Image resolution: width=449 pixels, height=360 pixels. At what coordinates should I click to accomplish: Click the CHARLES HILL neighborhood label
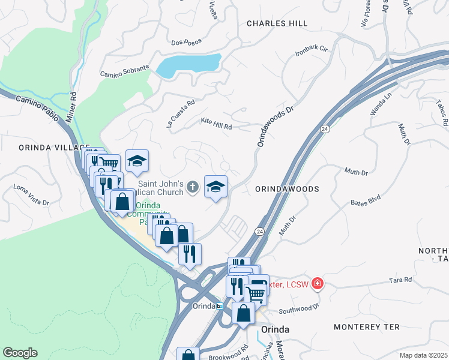[277, 23]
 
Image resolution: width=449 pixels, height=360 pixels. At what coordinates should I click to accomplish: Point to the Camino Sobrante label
[124, 71]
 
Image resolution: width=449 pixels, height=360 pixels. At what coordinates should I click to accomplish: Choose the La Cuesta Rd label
[181, 112]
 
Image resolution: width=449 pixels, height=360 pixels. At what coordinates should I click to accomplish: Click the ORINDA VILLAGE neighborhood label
[46, 147]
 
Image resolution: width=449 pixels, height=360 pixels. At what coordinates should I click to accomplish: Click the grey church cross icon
[193, 187]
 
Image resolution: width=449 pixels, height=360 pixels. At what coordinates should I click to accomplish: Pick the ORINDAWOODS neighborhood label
[286, 188]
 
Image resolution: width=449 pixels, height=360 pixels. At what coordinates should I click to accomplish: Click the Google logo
[20, 353]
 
